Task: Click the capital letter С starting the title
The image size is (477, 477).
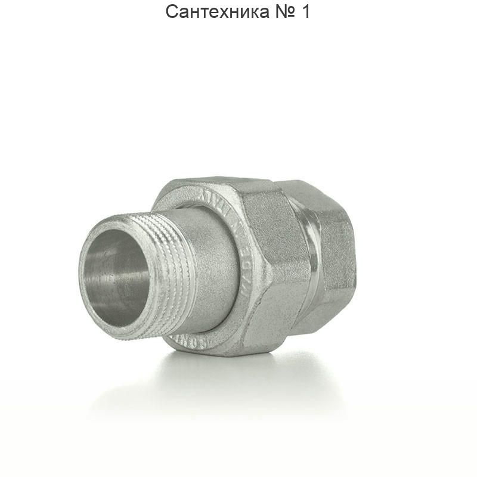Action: tap(172, 11)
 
